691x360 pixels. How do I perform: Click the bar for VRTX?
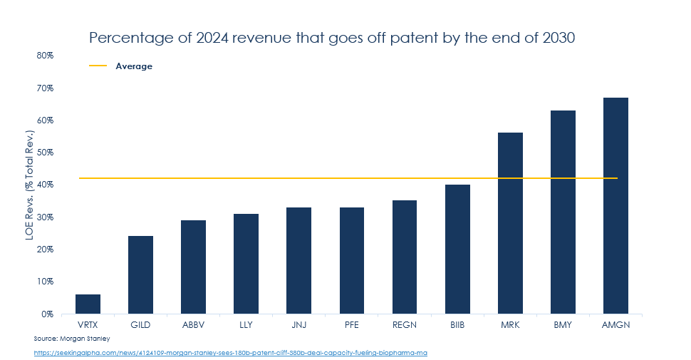(x=88, y=304)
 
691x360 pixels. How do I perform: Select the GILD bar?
(x=140, y=274)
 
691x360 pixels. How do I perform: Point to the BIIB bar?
(x=457, y=249)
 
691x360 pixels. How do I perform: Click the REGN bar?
(x=405, y=257)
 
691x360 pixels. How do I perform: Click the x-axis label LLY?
(x=246, y=324)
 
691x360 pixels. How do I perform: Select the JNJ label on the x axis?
(x=298, y=324)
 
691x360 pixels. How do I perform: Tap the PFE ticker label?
(x=351, y=324)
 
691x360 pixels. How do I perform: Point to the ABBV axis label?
(x=193, y=324)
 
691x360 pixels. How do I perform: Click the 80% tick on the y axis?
(x=45, y=55)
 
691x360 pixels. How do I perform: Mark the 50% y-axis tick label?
(x=45, y=152)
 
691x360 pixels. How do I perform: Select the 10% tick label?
(x=45, y=281)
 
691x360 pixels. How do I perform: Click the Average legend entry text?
(x=134, y=66)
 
